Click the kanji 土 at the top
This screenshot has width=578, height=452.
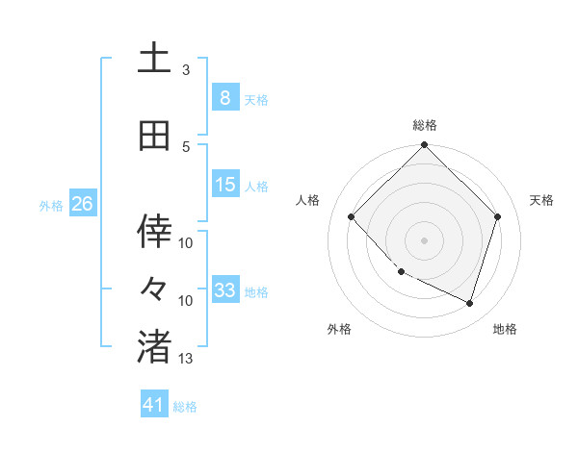[154, 59]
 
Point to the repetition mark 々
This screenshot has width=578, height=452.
[154, 288]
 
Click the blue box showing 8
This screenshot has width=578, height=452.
[224, 97]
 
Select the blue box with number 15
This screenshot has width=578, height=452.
[224, 185]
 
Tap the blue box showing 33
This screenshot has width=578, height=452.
[224, 290]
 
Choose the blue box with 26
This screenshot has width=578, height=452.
[82, 204]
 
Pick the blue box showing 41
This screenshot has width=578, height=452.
[154, 405]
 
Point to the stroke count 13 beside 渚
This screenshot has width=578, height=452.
[186, 359]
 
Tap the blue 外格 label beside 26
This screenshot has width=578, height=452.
[50, 205]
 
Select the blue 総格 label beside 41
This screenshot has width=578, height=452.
[185, 407]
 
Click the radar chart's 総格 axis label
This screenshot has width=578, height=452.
[424, 125]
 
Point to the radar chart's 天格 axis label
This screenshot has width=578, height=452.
[542, 200]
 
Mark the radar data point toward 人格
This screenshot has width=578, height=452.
[352, 217]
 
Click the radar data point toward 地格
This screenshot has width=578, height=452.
[469, 303]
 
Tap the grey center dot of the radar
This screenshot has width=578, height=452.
[424, 239]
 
